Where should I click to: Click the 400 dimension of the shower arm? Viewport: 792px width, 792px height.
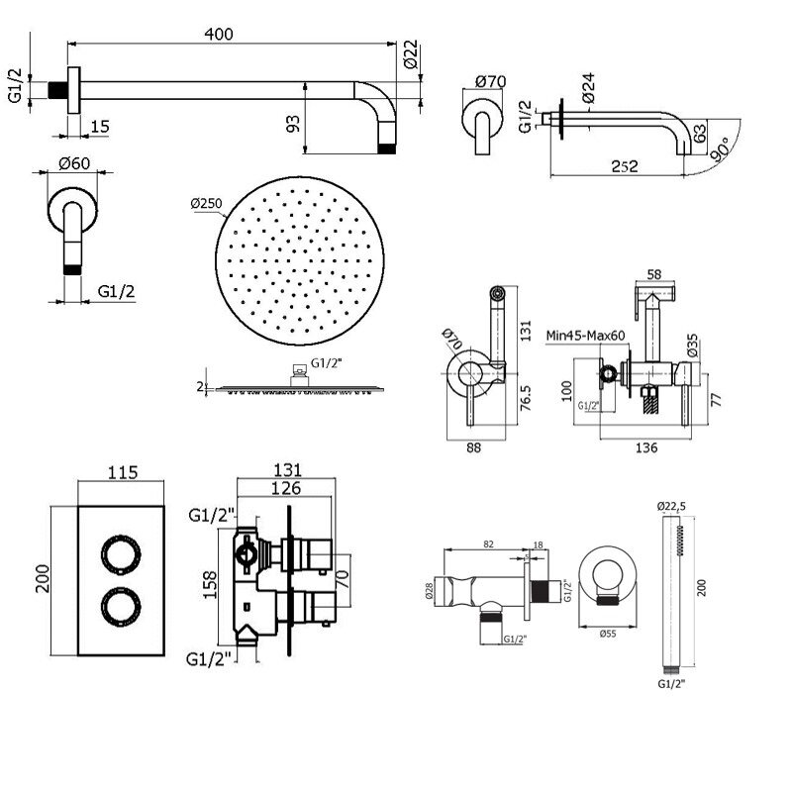[x=220, y=34]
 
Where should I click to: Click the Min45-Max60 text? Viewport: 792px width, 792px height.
[x=586, y=337]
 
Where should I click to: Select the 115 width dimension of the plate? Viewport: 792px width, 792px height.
[x=120, y=471]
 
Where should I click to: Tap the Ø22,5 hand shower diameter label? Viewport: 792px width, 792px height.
[x=670, y=505]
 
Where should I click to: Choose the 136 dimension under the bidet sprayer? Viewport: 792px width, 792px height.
[x=645, y=447]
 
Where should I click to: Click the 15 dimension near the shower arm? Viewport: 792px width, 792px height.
[x=101, y=126]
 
